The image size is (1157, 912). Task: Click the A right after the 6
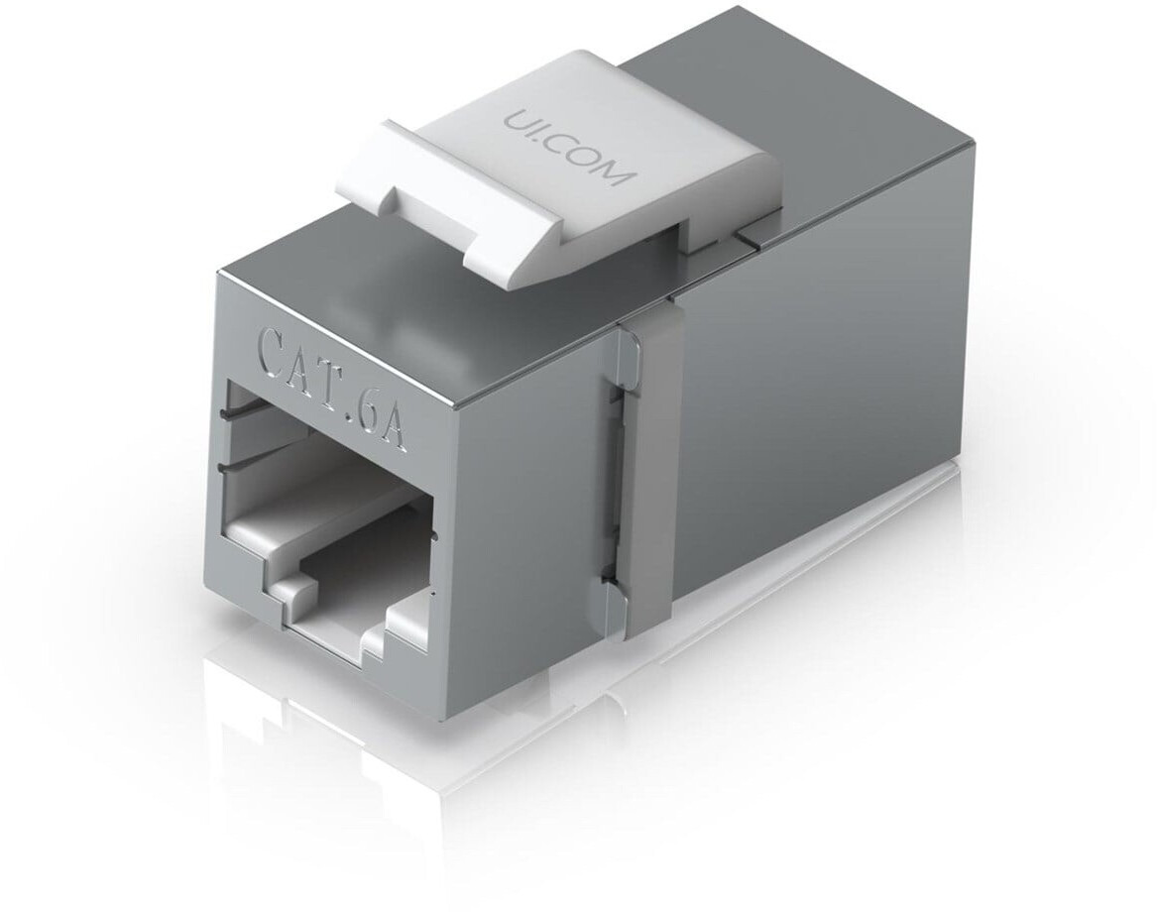[395, 433]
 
